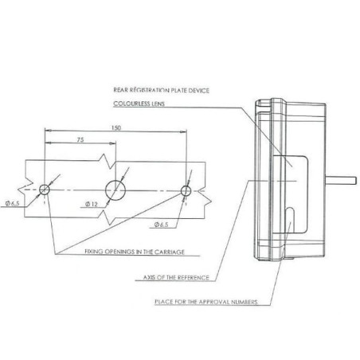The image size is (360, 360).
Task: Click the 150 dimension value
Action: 116,127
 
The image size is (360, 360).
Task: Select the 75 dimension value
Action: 80,139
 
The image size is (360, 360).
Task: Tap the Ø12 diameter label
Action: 92,204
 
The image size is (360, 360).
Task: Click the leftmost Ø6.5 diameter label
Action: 12,204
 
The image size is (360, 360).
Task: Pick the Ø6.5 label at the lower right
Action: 161,225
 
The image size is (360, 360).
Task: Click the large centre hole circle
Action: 115,190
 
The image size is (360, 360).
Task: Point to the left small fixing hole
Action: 45,190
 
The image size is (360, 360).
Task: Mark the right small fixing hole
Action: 186,190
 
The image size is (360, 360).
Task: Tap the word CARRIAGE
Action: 170,252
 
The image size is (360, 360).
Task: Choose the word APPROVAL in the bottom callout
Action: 213,302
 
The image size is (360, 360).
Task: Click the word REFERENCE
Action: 193,278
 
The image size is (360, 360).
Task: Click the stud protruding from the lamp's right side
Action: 341,181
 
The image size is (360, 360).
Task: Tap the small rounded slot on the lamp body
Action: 290,218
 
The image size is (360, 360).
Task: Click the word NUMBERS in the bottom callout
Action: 244,302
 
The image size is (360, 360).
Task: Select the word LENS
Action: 158,104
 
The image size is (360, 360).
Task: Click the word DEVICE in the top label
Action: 198,91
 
